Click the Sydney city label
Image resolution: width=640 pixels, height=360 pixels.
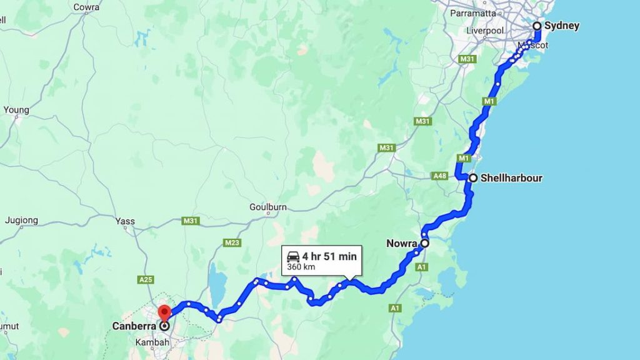(561, 26)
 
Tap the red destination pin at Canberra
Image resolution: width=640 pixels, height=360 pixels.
(164, 311)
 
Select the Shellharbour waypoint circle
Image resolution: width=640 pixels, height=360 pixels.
(473, 178)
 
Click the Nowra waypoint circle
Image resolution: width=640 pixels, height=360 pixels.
(424, 243)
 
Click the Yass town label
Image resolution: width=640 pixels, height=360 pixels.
(125, 221)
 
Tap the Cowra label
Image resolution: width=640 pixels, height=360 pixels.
(86, 7)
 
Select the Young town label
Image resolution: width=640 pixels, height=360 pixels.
(16, 110)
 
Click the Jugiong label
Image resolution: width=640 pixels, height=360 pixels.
(21, 221)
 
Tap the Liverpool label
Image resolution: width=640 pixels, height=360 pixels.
(485, 31)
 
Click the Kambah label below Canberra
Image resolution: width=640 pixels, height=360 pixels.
(149, 342)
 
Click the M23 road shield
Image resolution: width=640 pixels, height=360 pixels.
(232, 242)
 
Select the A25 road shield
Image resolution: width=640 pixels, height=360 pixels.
(146, 279)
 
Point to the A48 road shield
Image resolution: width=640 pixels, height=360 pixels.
(440, 177)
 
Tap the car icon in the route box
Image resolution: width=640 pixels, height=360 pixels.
(292, 256)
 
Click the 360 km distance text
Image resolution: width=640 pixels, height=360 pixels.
(300, 267)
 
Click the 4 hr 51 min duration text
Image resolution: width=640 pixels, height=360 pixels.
(329, 256)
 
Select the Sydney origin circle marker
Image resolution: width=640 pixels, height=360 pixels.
(536, 26)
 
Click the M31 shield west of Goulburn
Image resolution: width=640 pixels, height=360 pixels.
(190, 221)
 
